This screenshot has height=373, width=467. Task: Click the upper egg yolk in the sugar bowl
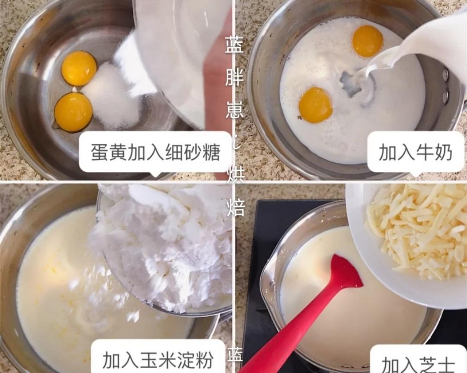tap(79, 68)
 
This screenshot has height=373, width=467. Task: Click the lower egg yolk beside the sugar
tap(73, 112)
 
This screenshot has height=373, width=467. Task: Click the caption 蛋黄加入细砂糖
tap(156, 152)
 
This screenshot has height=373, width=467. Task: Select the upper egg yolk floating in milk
tap(368, 41)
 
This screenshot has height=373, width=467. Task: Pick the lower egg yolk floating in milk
tap(315, 105)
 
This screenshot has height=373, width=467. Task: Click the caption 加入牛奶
tap(415, 152)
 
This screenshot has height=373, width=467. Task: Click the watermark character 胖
tap(235, 78)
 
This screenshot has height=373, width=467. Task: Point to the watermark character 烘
tap(236, 175)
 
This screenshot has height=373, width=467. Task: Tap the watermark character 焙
tap(236, 208)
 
